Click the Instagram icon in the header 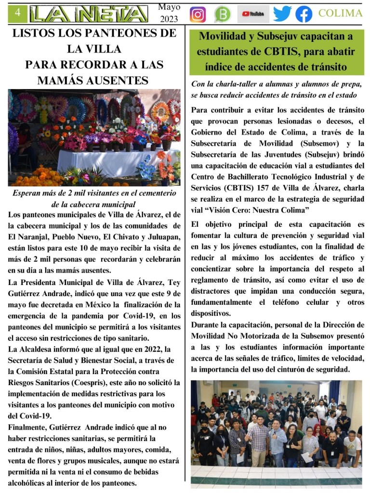(x=198, y=14)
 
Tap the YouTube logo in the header (x=253, y=14)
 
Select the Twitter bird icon (x=282, y=14)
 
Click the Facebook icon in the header (x=304, y=14)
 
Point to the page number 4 (x=18, y=14)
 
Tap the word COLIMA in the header (x=340, y=13)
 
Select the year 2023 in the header (x=168, y=19)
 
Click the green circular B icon (x=223, y=14)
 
